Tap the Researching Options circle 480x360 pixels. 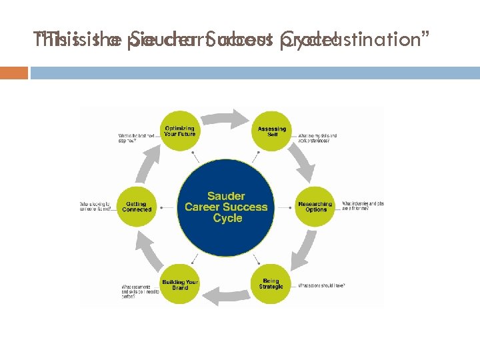click(x=315, y=207)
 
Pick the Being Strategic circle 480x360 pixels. click(x=271, y=284)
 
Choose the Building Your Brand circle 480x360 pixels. click(x=180, y=285)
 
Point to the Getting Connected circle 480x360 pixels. click(x=137, y=207)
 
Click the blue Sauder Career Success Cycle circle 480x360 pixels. click(x=226, y=207)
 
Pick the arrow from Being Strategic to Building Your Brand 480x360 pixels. click(x=226, y=295)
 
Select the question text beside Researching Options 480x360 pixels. click(x=362, y=206)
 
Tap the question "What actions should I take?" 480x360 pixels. click(x=323, y=285)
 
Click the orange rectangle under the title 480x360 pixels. click(x=14, y=72)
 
